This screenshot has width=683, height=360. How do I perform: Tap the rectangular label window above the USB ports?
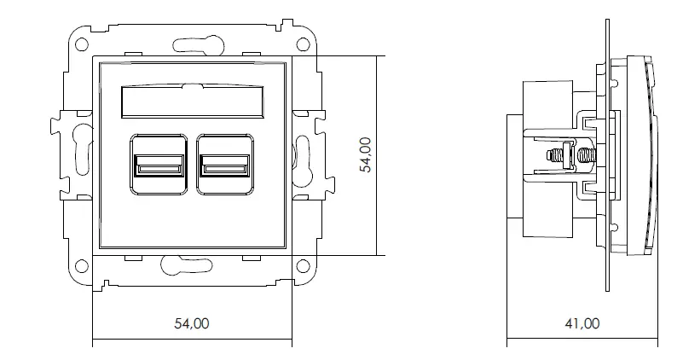(x=192, y=102)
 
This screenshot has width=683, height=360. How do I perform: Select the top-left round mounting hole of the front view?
(x=81, y=44)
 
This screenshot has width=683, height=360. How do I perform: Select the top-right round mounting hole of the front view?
(x=303, y=44)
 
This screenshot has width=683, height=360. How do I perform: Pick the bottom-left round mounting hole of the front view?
(x=81, y=266)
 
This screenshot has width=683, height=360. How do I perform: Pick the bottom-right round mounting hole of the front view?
(x=303, y=266)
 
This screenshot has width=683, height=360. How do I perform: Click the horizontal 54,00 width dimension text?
(x=191, y=323)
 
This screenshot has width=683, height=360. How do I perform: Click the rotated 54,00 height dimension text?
(x=365, y=155)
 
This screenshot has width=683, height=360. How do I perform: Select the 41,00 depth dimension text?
(x=582, y=323)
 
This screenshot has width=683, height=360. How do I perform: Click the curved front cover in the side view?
(x=651, y=154)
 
